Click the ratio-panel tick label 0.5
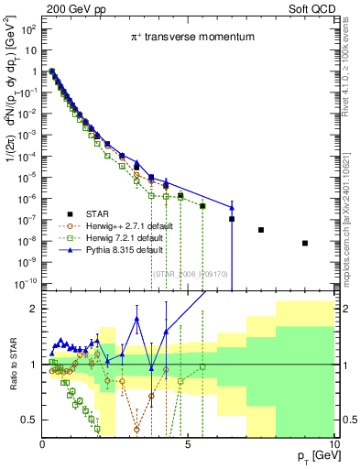pyautogui.click(x=28, y=420)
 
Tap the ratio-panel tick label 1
pyautogui.click(x=33, y=365)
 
